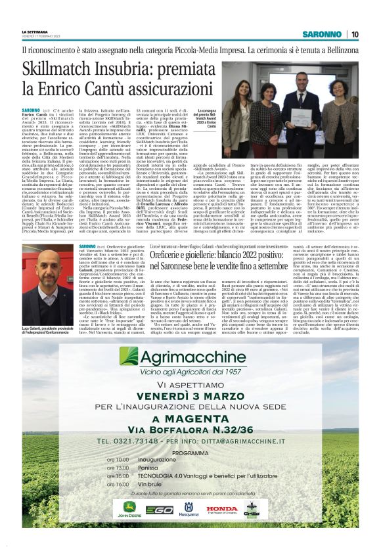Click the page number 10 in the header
tap(354, 34)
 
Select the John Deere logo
tap(131, 510)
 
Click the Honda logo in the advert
tap(222, 509)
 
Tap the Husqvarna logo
tap(190, 509)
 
